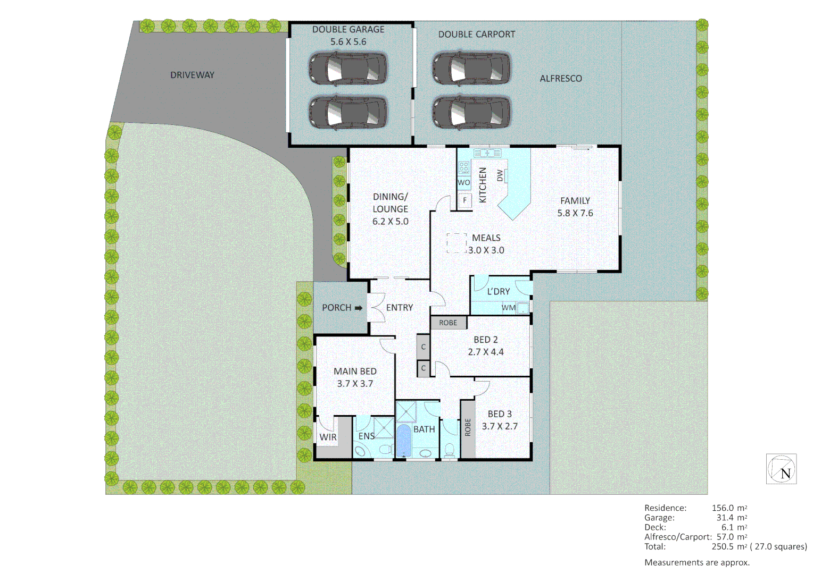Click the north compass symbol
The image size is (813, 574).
click(x=781, y=469)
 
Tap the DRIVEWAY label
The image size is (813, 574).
click(x=192, y=75)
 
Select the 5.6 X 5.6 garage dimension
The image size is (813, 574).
click(x=348, y=41)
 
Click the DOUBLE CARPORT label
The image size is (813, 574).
click(x=476, y=34)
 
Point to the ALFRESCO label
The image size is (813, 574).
click(x=560, y=78)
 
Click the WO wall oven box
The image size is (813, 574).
click(x=463, y=182)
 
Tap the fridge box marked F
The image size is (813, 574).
click(x=464, y=200)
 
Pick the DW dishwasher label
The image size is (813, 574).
click(x=500, y=175)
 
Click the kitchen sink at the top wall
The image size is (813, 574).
click(x=487, y=153)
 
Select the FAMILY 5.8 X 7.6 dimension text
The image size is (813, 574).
click(x=575, y=213)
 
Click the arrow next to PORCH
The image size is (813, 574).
click(x=359, y=308)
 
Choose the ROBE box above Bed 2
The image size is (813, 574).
click(x=448, y=323)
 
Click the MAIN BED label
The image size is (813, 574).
click(x=355, y=371)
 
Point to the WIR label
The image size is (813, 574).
click(x=328, y=437)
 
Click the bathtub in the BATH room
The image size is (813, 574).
click(x=403, y=441)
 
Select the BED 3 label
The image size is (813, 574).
click(x=500, y=413)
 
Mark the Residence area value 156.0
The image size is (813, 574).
click(x=721, y=508)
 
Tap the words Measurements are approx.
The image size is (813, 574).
click(x=696, y=562)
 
